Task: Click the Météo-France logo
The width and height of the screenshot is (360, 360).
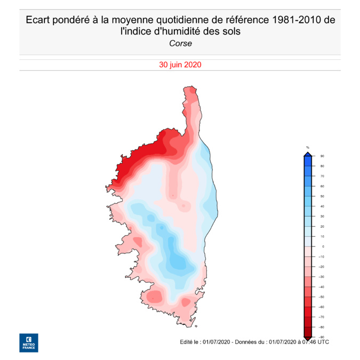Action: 28,343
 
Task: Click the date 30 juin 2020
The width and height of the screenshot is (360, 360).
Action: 180,65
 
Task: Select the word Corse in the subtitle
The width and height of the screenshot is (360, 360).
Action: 180,43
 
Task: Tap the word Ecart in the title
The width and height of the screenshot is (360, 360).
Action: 38,20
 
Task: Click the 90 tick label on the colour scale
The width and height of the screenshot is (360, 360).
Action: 322,156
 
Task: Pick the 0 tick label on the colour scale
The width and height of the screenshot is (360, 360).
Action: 322,246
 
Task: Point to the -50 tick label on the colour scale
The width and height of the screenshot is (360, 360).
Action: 322,297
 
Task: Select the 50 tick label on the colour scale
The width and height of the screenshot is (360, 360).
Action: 322,196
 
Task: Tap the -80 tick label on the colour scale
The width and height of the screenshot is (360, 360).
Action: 322,327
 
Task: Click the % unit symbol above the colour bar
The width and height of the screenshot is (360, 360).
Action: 307,147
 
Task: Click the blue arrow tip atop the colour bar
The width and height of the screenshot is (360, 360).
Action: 308,154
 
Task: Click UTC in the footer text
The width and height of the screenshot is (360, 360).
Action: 323,341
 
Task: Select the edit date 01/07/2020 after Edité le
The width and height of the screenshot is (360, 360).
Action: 216,341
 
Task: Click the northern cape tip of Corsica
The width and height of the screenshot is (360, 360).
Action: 188,86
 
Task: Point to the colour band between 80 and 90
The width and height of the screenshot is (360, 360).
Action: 308,161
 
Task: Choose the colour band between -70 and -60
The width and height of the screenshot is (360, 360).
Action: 308,312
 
